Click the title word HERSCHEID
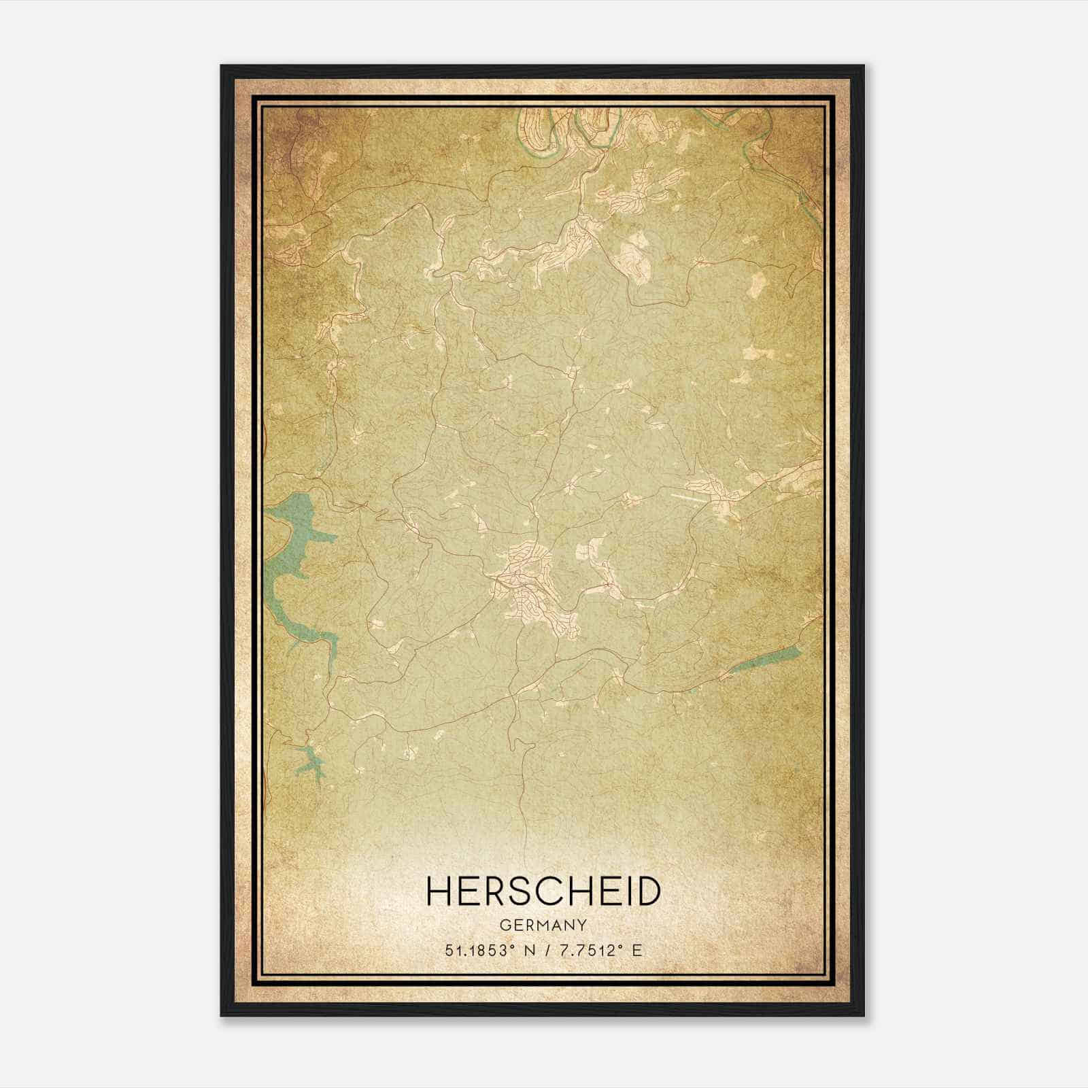click(543, 891)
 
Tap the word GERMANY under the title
click(543, 925)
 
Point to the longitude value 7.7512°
click(590, 951)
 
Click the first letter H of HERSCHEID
click(439, 891)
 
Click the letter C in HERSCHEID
click(547, 891)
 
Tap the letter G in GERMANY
click(504, 925)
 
